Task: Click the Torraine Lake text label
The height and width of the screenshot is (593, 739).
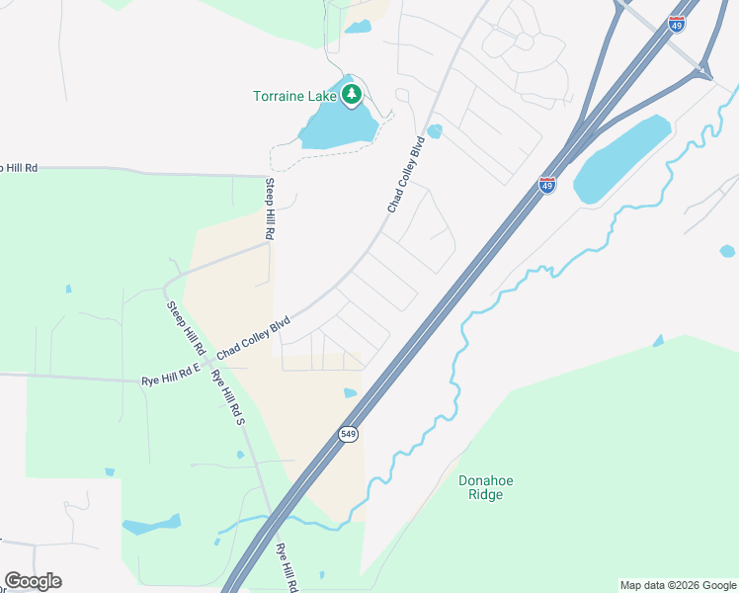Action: point(294,96)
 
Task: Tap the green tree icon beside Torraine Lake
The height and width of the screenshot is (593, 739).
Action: point(351,95)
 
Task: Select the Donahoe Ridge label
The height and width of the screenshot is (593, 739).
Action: point(486,487)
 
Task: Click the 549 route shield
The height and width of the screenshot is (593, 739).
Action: point(348,434)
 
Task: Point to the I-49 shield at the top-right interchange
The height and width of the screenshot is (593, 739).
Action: point(676,25)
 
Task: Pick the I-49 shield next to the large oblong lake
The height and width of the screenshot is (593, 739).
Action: point(547,184)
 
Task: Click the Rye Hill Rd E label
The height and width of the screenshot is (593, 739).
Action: point(170,379)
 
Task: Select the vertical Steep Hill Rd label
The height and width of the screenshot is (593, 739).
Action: point(268,210)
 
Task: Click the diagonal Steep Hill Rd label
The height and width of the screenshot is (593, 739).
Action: point(185,328)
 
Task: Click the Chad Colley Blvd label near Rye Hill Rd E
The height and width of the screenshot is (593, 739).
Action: point(254,337)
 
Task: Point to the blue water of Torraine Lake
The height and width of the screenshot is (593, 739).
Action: point(336,127)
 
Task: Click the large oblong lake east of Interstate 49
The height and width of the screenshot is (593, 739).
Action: point(622,158)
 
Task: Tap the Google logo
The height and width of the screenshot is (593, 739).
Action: point(33,581)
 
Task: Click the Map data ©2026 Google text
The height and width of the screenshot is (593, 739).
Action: point(678,585)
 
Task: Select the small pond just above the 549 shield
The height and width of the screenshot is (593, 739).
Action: point(350,393)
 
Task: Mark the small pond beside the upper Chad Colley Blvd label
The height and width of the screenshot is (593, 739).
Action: point(434,131)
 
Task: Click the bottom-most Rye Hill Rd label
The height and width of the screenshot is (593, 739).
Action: point(287,568)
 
